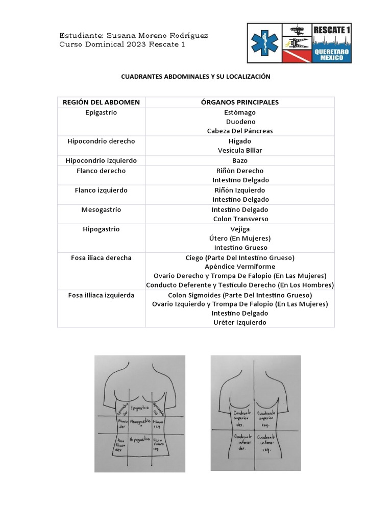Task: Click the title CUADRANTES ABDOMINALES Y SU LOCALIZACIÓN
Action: pyautogui.click(x=195, y=77)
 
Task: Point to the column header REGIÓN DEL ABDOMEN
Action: pyautogui.click(x=101, y=102)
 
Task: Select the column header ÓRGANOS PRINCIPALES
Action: pyautogui.click(x=239, y=102)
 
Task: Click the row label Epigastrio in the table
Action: pyautogui.click(x=101, y=112)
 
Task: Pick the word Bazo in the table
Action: pyautogui.click(x=239, y=160)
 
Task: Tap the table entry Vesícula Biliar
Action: pyautogui.click(x=239, y=150)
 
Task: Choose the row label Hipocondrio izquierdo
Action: pyautogui.click(x=101, y=160)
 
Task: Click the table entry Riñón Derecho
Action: pyautogui.click(x=239, y=171)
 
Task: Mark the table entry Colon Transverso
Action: pyautogui.click(x=239, y=219)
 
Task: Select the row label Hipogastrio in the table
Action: pyautogui.click(x=101, y=229)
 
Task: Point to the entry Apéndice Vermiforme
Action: pyautogui.click(x=239, y=267)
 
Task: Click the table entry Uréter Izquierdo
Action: pyautogui.click(x=239, y=322)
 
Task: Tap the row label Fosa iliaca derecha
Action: pyautogui.click(x=101, y=257)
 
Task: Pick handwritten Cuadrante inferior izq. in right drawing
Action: pyautogui.click(x=267, y=443)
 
